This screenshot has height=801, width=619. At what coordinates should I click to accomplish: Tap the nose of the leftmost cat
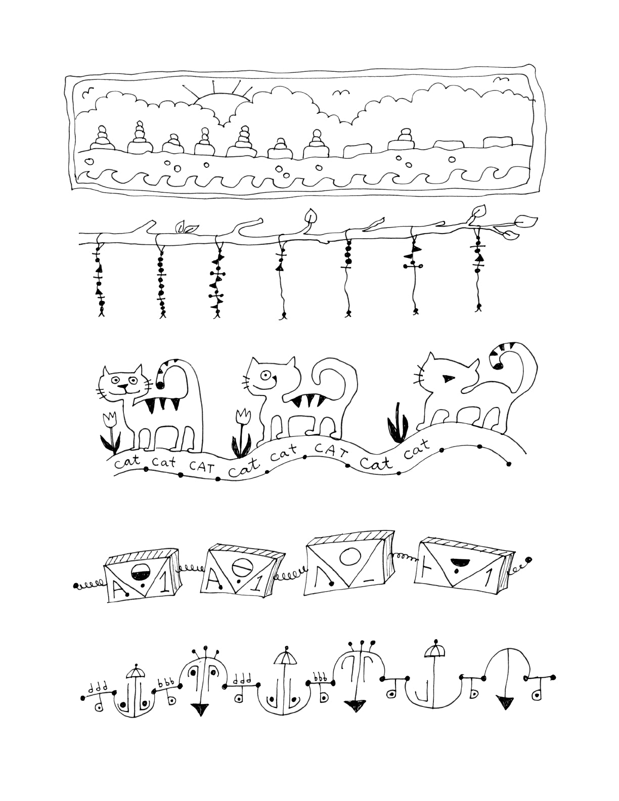click(122, 387)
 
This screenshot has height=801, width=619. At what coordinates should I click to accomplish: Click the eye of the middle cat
click(265, 375)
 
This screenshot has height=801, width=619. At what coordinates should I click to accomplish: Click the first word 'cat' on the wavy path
click(123, 462)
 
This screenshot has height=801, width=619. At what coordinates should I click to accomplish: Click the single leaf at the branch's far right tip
click(526, 220)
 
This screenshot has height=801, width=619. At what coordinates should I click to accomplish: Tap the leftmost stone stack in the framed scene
click(102, 138)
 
